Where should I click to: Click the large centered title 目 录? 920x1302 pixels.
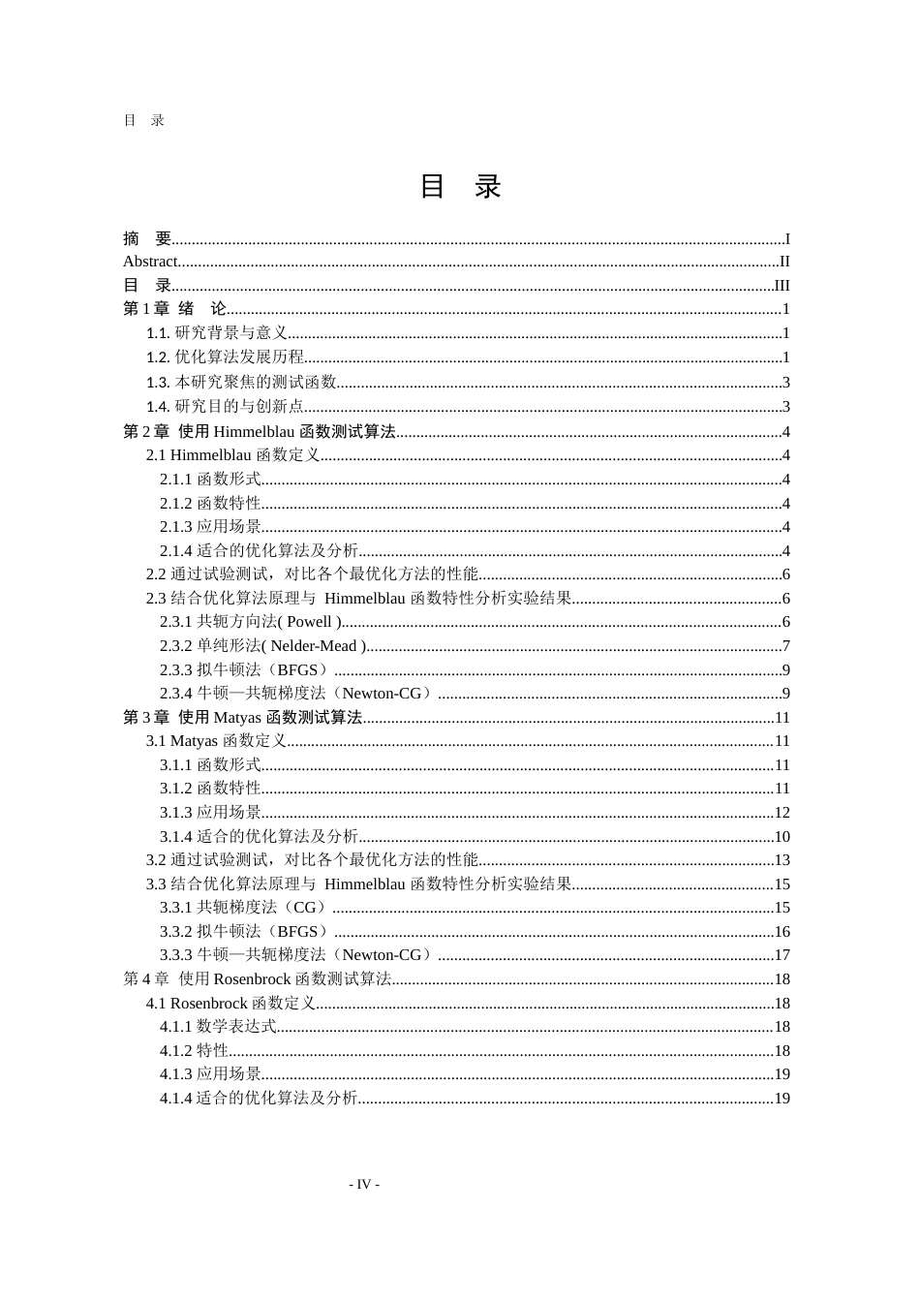click(460, 187)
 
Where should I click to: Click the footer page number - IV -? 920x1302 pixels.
click(364, 1184)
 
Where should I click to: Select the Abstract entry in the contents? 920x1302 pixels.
click(150, 262)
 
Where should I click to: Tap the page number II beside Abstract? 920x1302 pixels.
click(784, 262)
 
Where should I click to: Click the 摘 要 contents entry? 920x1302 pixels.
click(147, 238)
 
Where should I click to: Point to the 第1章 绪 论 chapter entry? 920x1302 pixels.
click(174, 309)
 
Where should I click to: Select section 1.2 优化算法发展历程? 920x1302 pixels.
click(226, 357)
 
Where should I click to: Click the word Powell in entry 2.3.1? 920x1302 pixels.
click(309, 622)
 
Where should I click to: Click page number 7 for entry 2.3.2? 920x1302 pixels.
click(786, 646)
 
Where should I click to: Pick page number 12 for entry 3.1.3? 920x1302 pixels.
click(782, 813)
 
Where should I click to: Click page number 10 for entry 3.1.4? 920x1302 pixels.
click(782, 837)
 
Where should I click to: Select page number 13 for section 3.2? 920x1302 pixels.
click(782, 860)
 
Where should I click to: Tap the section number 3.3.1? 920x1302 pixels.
click(176, 908)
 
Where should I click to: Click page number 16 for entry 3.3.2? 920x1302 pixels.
click(782, 932)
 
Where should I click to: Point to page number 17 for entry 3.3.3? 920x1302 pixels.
click(782, 955)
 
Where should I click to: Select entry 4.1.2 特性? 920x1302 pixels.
click(194, 1051)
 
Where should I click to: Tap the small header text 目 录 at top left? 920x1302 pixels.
click(144, 121)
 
